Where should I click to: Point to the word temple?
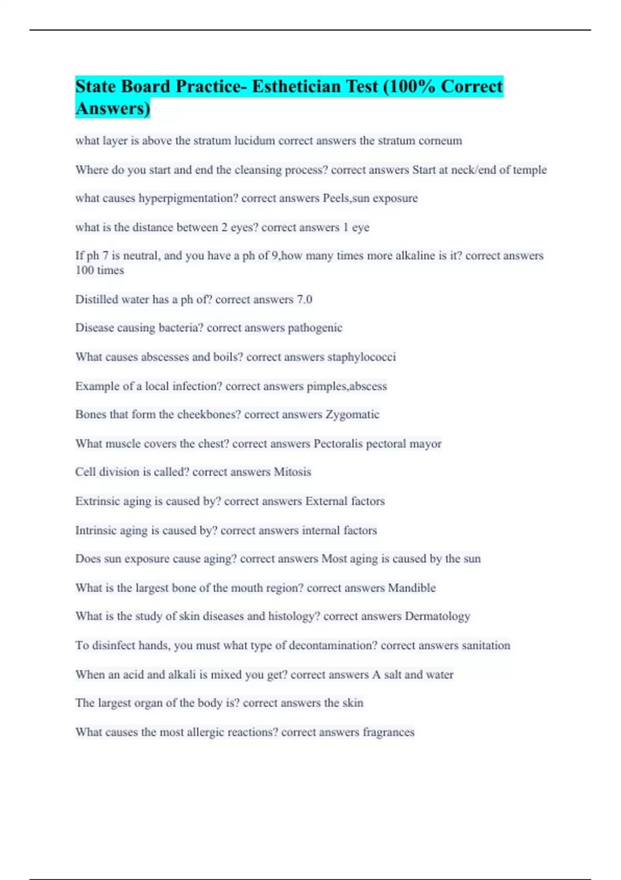point(529,170)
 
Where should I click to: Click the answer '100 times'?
point(99,270)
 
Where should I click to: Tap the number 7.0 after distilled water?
point(304,300)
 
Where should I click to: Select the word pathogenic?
point(315,328)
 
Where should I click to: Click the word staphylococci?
point(361,357)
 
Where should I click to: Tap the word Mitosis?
point(292,472)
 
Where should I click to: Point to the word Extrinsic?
point(95,501)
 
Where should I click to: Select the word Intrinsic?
point(94,531)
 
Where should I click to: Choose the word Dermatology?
point(437,617)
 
